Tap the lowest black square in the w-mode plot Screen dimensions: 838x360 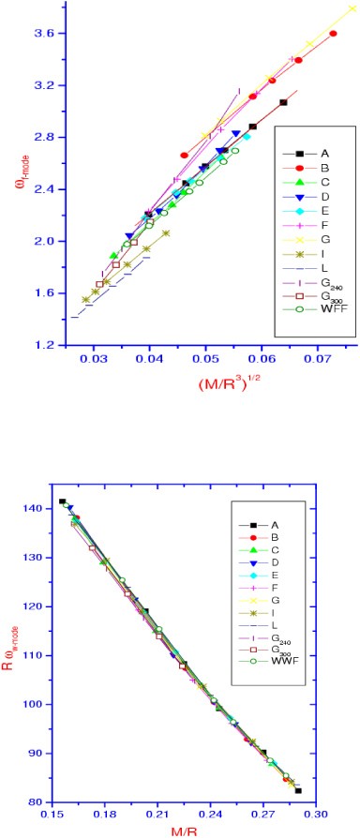click(298, 790)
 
